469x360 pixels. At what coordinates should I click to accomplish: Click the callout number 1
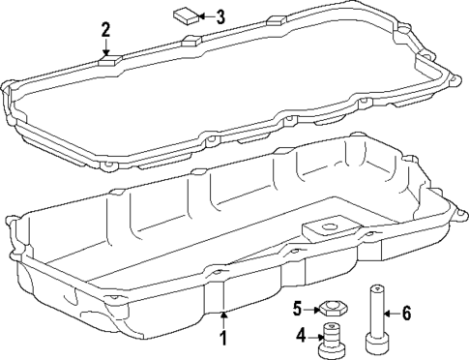click(x=222, y=338)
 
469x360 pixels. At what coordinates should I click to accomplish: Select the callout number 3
click(x=220, y=16)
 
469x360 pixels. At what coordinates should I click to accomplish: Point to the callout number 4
click(x=301, y=335)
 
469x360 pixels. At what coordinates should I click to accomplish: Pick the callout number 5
click(x=299, y=309)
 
